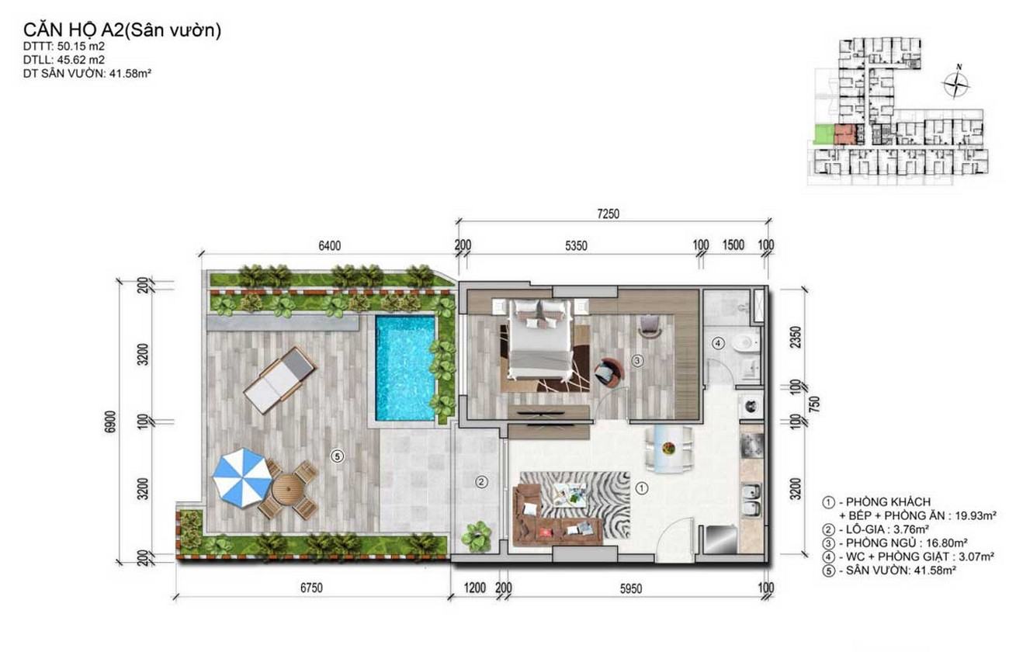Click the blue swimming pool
[x=405, y=368]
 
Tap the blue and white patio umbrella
[x=242, y=477]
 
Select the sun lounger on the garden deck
[x=279, y=380]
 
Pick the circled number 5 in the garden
[x=337, y=456]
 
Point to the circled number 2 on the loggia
[x=481, y=482]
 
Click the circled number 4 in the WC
[x=718, y=344]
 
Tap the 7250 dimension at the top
[x=608, y=214]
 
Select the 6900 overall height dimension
[x=110, y=421]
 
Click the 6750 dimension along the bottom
[x=311, y=588]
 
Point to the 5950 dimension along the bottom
[x=630, y=588]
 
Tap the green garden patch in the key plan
[x=824, y=134]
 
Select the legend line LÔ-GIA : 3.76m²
[x=882, y=529]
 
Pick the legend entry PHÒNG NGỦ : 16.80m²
[x=896, y=543]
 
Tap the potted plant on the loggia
[x=477, y=536]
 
